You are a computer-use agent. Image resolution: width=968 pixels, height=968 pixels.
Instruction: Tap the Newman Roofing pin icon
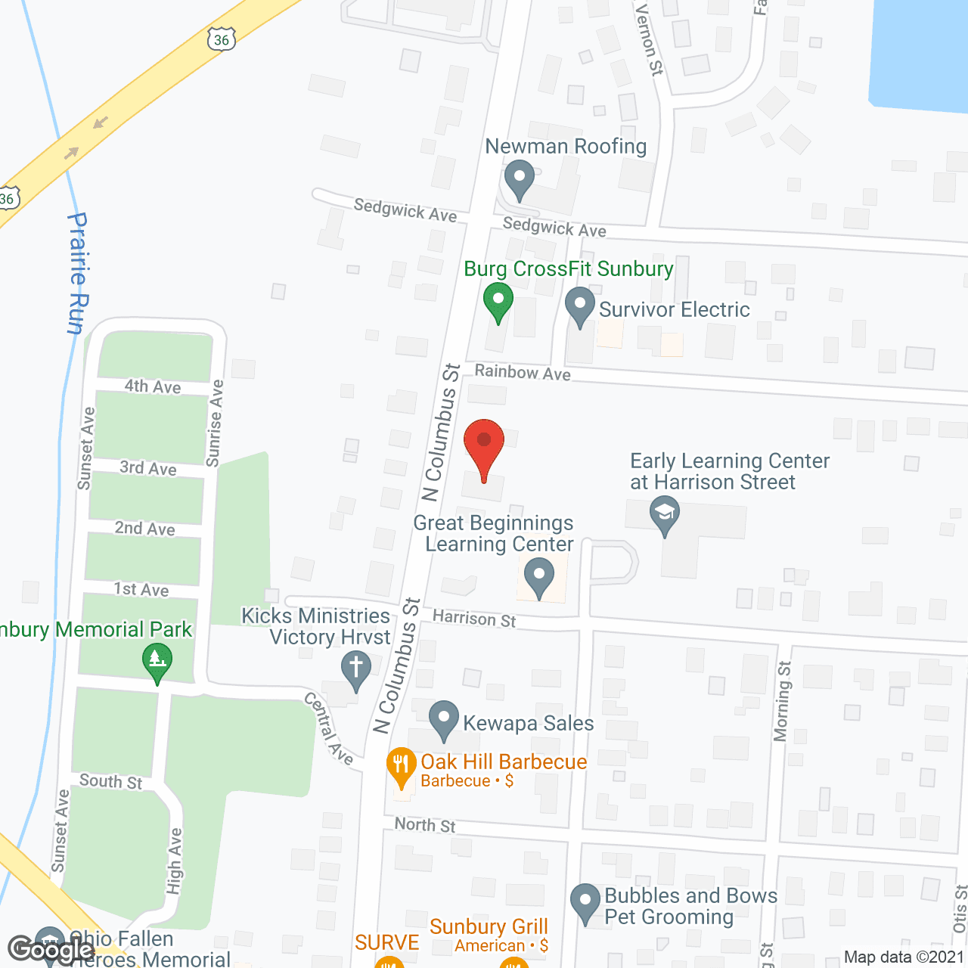pos(520,179)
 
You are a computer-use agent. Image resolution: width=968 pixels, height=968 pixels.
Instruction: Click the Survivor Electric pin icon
pos(580,306)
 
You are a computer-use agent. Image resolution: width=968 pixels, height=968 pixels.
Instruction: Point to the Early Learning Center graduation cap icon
pos(665,514)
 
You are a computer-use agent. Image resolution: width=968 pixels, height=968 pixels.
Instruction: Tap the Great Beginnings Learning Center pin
pos(539,576)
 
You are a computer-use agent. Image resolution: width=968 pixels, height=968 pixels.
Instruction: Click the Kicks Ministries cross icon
pos(355,669)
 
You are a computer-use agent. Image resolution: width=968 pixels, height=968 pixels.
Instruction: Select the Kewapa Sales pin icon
pos(444,720)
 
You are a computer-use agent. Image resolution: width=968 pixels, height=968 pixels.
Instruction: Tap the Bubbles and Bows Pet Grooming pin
pos(585,903)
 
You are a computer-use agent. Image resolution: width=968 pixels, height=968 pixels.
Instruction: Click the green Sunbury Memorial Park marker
pos(157,662)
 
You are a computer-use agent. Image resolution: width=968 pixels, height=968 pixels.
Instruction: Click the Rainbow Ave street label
pos(523,372)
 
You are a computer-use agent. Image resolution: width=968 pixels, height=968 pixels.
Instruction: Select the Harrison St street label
pos(474,619)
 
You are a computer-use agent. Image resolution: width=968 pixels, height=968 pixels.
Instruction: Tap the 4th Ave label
pos(153,386)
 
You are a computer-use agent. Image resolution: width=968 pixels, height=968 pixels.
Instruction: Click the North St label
pos(425,825)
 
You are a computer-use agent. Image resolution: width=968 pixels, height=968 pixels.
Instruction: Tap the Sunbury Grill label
pos(489,927)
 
